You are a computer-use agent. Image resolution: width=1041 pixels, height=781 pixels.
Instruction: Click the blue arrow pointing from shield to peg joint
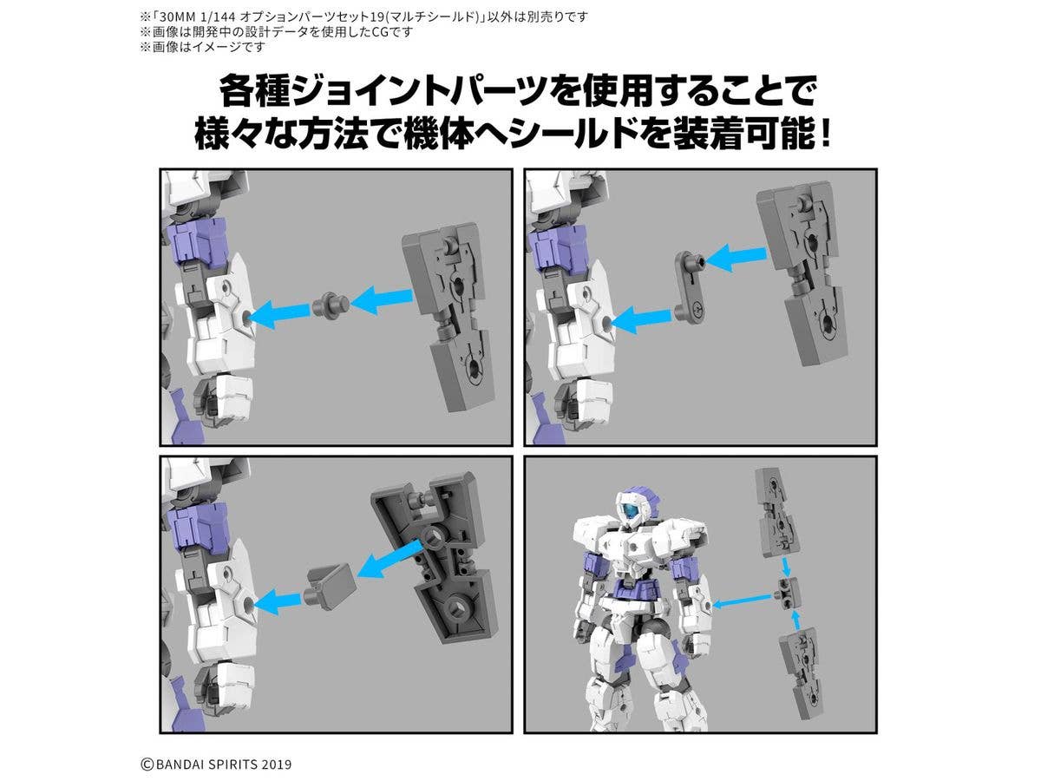pos(382,299)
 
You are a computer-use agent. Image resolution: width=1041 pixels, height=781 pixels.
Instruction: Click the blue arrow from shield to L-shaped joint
pos(735,257)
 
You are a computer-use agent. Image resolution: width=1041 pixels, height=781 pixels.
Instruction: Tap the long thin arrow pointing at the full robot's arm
pos(743,601)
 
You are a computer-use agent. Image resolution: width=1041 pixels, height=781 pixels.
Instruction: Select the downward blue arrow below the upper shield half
pos(785,566)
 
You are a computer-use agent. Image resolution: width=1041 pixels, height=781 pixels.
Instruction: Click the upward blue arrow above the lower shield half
pos(796,620)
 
